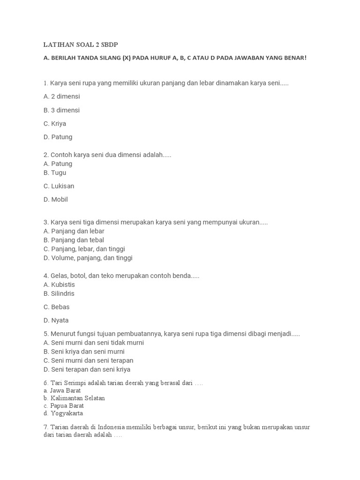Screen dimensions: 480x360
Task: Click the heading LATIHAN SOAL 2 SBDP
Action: [81, 45]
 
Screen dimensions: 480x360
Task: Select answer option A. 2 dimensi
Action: [62, 97]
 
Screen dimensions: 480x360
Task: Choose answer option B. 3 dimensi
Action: [62, 110]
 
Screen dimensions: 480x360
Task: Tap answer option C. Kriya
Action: [55, 124]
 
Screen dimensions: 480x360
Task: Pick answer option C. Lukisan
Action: [59, 186]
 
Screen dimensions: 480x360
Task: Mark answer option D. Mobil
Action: [56, 200]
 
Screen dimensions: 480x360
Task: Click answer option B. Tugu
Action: [55, 172]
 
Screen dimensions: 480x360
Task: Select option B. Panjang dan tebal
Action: [74, 240]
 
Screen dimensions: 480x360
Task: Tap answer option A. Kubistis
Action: [59, 285]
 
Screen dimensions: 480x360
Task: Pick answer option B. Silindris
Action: [59, 293]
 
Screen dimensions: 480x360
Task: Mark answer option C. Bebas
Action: [57, 307]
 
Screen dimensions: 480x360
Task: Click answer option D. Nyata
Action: [56, 321]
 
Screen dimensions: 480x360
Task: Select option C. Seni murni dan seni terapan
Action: [89, 360]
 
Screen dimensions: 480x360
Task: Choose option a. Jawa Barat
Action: [62, 390]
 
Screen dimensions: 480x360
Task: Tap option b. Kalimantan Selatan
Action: [74, 398]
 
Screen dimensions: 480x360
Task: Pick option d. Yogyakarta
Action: [63, 413]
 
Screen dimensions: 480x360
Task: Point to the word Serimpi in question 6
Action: [74, 383]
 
